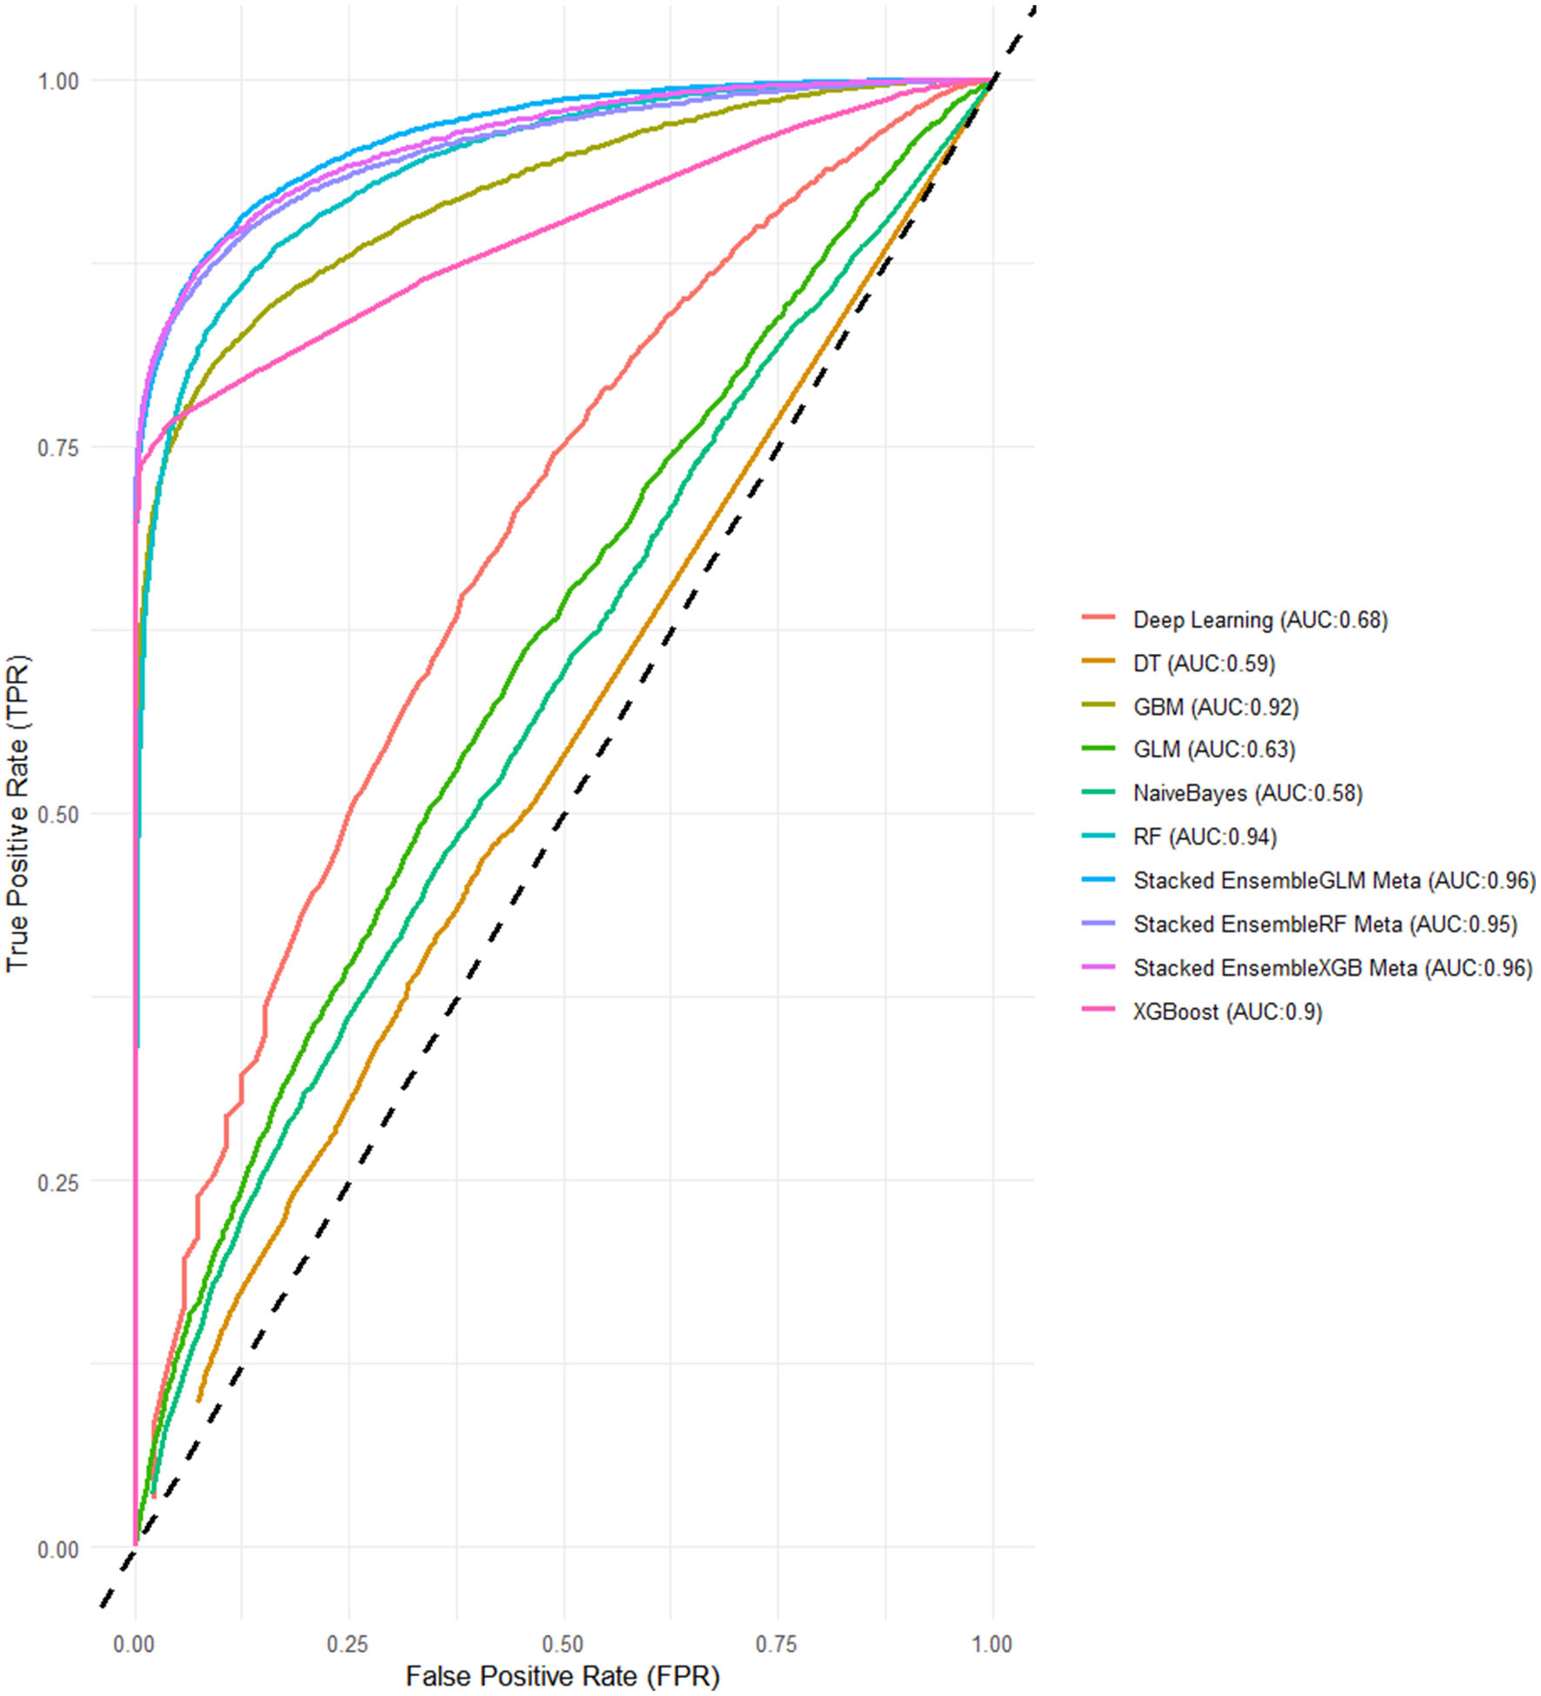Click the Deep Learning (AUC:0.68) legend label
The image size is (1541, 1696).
click(1260, 620)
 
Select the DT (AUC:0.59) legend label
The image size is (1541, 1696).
click(1204, 664)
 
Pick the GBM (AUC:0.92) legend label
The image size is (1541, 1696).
click(1216, 707)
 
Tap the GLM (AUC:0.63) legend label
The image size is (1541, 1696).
click(1214, 750)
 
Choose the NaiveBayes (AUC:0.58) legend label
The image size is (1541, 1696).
click(1247, 793)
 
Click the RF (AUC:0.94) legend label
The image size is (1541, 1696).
click(1204, 837)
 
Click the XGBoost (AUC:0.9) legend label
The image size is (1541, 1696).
click(1227, 1012)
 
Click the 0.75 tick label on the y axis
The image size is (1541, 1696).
click(57, 448)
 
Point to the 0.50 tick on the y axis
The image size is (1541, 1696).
click(57, 815)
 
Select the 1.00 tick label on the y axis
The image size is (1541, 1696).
click(57, 81)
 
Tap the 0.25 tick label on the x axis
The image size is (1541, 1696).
click(348, 1644)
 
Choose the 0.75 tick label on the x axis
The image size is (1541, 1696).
click(776, 1644)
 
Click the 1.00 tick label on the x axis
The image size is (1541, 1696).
click(991, 1644)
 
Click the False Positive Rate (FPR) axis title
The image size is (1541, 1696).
click(563, 1676)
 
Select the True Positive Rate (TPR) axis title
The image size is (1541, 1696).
click(17, 813)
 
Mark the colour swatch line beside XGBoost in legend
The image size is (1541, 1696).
click(1098, 1010)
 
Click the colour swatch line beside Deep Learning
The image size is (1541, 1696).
click(1098, 618)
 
